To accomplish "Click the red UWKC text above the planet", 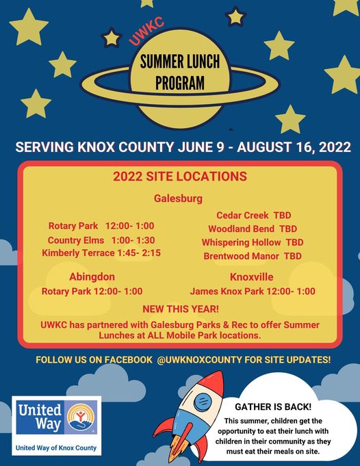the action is coord(146,31).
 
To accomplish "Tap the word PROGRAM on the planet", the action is coord(180,83).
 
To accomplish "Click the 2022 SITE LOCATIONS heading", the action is coord(180,177).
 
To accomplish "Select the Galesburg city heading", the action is coord(178,198).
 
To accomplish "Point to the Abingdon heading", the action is coord(92,277).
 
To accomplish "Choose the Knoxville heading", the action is coord(251,277).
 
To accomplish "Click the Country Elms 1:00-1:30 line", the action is coord(101,240).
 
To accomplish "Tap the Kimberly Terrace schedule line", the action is coord(101,253).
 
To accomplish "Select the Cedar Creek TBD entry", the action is coord(254,215).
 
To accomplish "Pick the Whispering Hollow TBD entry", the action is coord(253,242).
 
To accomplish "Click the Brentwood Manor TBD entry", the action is coord(253,256).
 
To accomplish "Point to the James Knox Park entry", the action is coord(253,292).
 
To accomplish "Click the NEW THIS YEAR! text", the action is coord(181,309).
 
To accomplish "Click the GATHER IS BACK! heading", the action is coord(273,407).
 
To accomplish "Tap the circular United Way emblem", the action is coord(81,417).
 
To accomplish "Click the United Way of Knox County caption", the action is coord(56,448).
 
